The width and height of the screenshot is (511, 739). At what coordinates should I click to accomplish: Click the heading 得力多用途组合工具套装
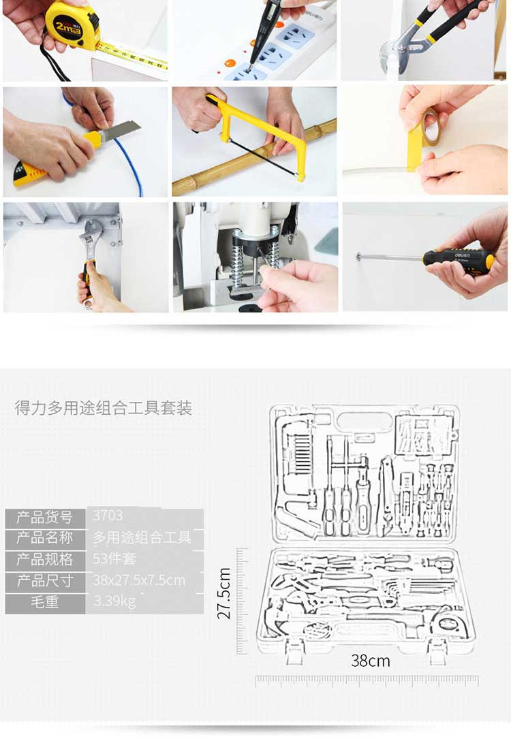tap(104, 408)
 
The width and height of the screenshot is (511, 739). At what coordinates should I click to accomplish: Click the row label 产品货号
tap(45, 518)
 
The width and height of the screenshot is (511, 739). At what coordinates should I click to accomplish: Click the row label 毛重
tap(45, 602)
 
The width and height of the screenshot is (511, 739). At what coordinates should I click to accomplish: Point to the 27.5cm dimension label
tap(224, 593)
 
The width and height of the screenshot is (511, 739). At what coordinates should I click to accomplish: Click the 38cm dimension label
tap(371, 661)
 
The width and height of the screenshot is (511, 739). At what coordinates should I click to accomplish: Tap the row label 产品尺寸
tap(45, 580)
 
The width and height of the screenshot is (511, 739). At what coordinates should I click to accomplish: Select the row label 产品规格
tap(45, 559)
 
